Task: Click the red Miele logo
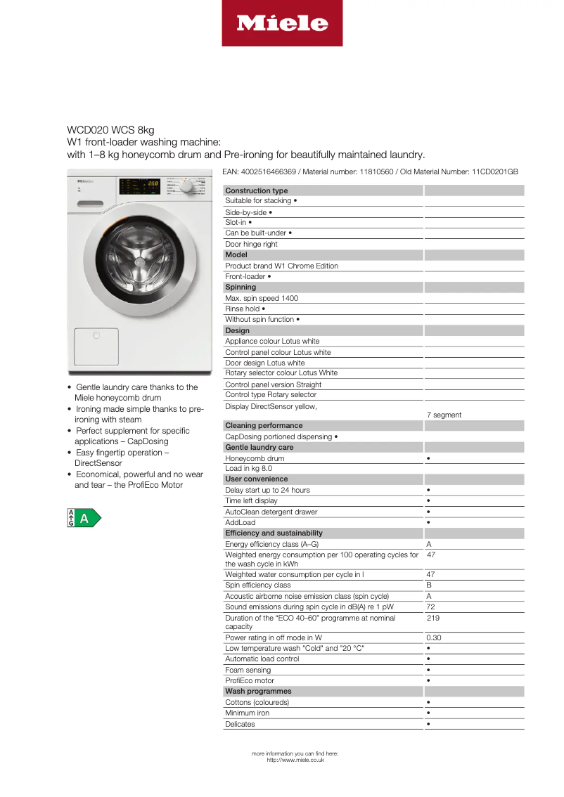(x=282, y=23)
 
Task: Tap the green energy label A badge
(x=84, y=518)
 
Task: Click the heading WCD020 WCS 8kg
(x=110, y=130)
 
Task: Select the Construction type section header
(x=256, y=190)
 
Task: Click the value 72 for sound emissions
(x=431, y=607)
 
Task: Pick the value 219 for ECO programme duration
(x=432, y=618)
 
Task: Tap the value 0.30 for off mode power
(x=434, y=637)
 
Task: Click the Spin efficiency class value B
(x=429, y=585)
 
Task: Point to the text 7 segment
(x=444, y=415)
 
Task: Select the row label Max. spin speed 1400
(x=261, y=298)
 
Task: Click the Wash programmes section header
(x=258, y=692)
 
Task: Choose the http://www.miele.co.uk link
(x=295, y=760)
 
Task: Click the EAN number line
(x=370, y=171)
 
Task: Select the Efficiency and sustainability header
(x=274, y=533)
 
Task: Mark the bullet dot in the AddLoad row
(x=428, y=522)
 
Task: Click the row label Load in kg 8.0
(x=248, y=468)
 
